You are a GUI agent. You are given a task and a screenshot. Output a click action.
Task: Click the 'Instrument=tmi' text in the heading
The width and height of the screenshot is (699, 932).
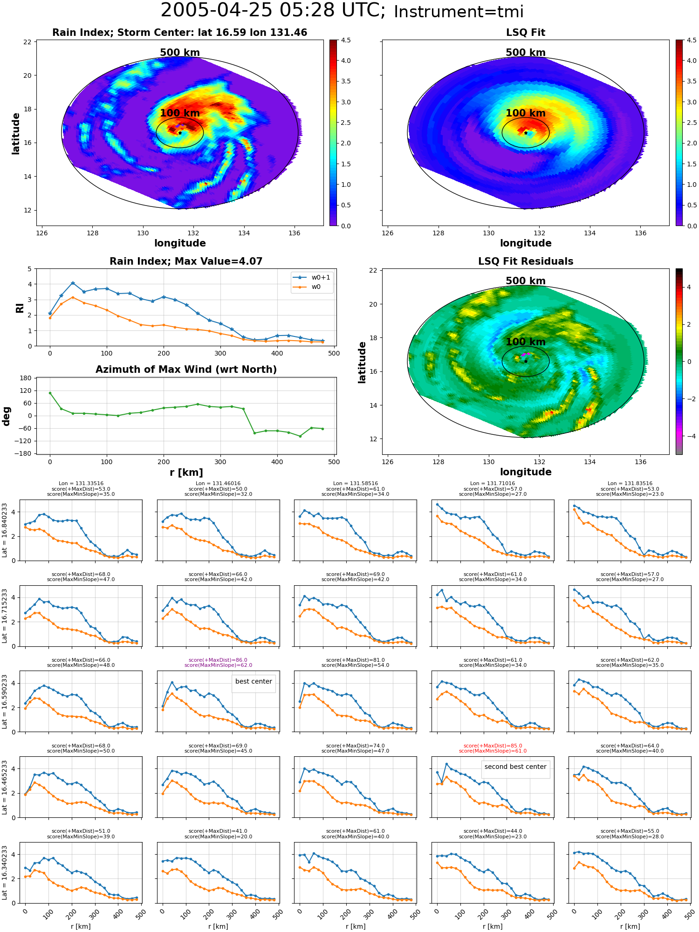459,12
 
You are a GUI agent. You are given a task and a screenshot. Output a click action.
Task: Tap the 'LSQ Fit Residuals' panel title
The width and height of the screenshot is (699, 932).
526,261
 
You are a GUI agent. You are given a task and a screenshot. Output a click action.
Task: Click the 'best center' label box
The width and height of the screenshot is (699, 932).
254,681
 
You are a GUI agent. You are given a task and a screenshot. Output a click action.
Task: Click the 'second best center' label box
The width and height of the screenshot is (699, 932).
515,767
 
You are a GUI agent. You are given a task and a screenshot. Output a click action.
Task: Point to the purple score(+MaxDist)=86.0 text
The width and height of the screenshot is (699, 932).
218,660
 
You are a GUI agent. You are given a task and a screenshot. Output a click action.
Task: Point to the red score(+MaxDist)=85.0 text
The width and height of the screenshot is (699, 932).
493,746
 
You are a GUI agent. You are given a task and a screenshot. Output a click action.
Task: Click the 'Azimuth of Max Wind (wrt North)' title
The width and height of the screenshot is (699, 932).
186,370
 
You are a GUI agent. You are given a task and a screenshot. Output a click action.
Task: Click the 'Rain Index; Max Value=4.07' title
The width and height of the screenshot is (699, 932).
186,261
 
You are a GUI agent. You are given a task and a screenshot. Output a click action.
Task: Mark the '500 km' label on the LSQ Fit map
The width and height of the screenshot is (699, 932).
526,53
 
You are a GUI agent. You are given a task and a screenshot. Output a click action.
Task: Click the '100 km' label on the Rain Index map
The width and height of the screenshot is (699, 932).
180,113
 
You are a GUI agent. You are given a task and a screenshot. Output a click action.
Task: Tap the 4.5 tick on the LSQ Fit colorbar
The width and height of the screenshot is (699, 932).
692,40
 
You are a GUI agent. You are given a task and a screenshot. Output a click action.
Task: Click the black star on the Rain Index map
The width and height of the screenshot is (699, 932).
180,133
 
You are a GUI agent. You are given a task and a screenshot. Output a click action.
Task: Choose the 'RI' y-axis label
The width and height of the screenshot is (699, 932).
20,308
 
